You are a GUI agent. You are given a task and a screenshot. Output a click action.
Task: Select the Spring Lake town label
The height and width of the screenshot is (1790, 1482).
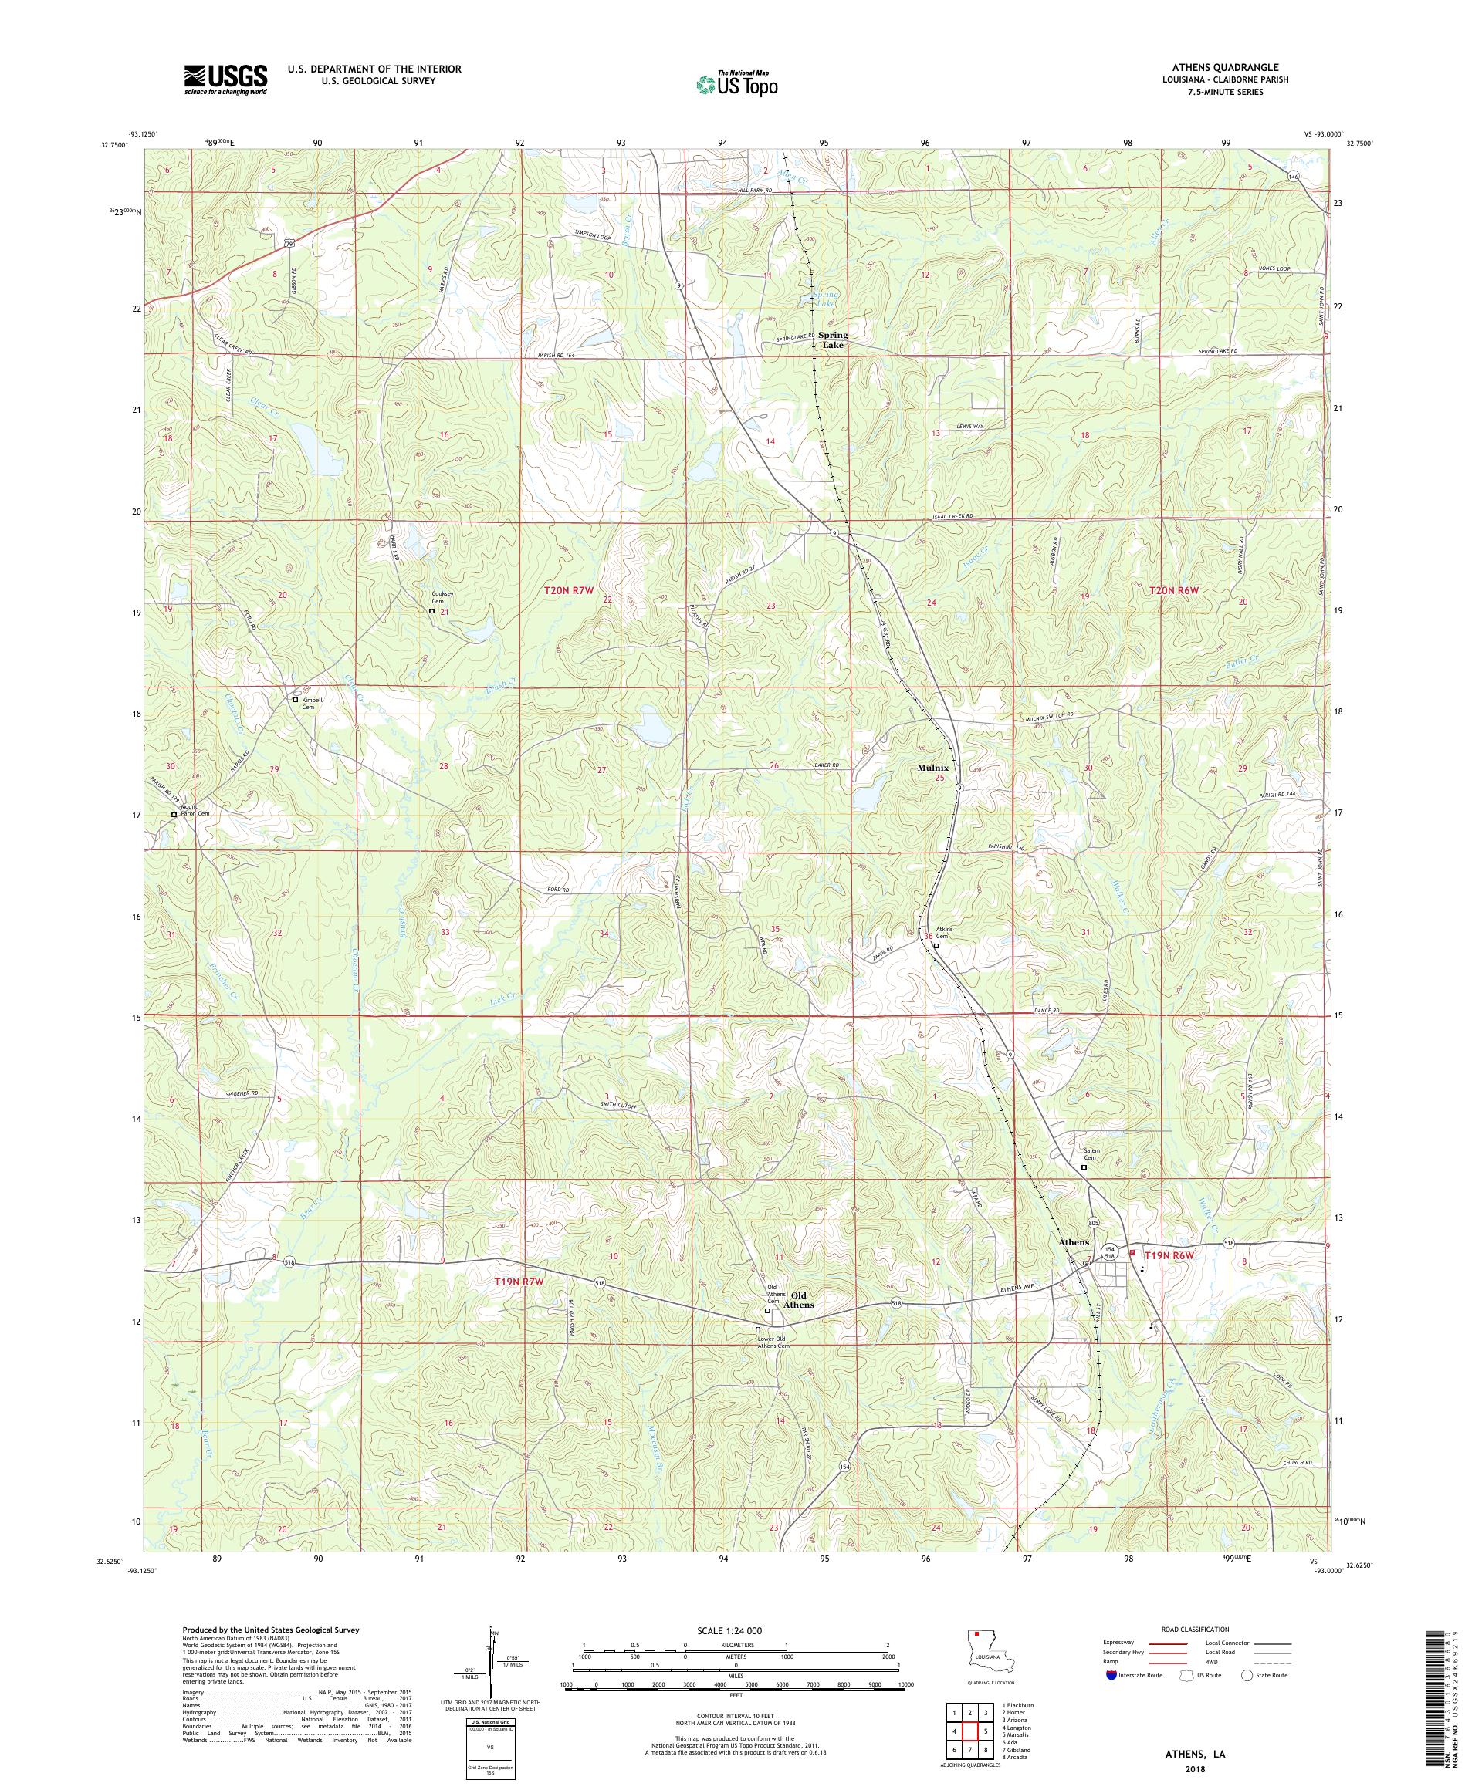tap(832, 340)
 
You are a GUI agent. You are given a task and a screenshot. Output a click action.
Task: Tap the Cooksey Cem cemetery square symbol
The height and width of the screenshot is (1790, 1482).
tap(431, 611)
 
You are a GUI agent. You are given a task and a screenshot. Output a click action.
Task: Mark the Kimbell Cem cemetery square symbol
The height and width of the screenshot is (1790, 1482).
tap(296, 700)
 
